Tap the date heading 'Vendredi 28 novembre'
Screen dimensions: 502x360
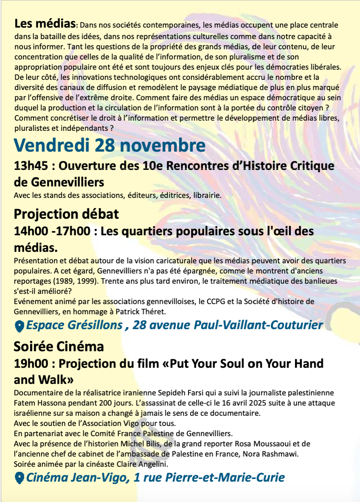(x=110, y=146)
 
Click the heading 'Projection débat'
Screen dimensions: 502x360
(x=66, y=213)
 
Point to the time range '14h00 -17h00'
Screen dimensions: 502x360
(x=52, y=231)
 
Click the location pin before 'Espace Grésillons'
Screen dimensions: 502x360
(x=19, y=326)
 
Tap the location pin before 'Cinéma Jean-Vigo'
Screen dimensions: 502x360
(x=19, y=478)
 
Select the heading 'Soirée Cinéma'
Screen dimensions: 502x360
(x=59, y=346)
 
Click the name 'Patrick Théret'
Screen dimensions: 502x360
(x=141, y=312)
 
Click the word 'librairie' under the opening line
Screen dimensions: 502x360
(x=207, y=195)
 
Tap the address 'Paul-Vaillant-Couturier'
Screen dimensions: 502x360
(x=259, y=325)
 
